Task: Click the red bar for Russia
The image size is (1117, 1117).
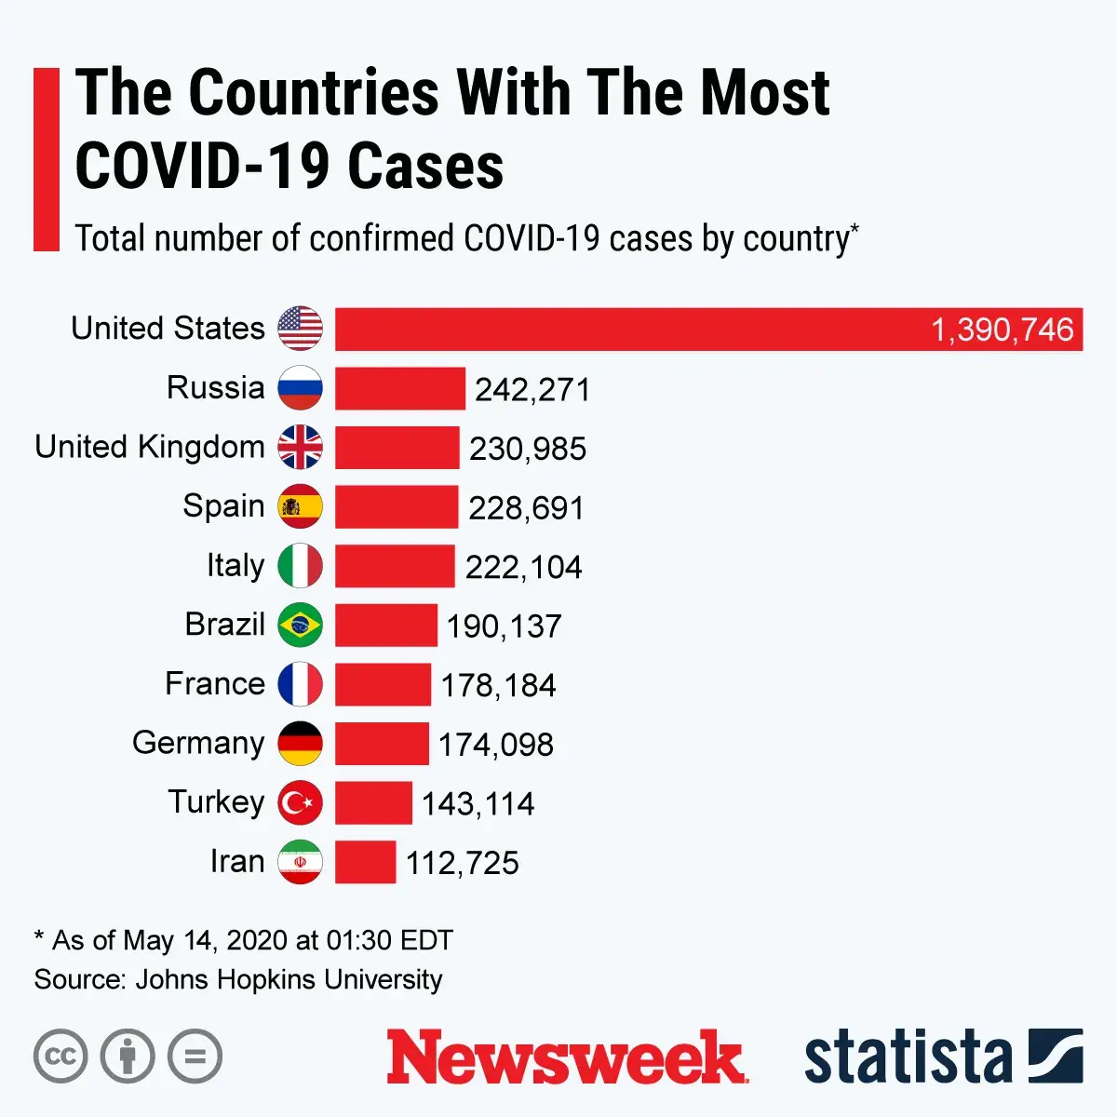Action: point(399,388)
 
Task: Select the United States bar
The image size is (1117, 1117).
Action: point(633,329)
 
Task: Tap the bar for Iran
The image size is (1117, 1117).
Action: point(365,862)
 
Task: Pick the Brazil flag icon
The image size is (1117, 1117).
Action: point(300,625)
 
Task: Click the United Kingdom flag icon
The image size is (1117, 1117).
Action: point(300,448)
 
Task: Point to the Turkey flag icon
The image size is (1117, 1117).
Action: point(300,802)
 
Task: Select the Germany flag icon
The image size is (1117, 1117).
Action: point(300,743)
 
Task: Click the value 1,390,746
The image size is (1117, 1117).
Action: point(1003,330)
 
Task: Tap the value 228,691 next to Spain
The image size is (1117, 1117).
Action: point(526,508)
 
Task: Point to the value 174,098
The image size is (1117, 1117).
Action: point(496,745)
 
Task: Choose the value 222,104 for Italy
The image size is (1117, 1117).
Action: point(523,567)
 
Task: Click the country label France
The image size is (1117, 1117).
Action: point(215,684)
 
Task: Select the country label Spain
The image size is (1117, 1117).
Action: point(223,506)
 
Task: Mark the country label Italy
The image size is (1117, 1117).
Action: point(236,566)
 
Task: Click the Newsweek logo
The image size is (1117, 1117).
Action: point(566,1057)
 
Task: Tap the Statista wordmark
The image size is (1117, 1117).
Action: point(908,1057)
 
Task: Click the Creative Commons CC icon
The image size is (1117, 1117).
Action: point(61,1056)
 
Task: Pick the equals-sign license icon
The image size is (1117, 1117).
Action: point(195,1056)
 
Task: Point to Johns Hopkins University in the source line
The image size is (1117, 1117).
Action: point(289,979)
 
